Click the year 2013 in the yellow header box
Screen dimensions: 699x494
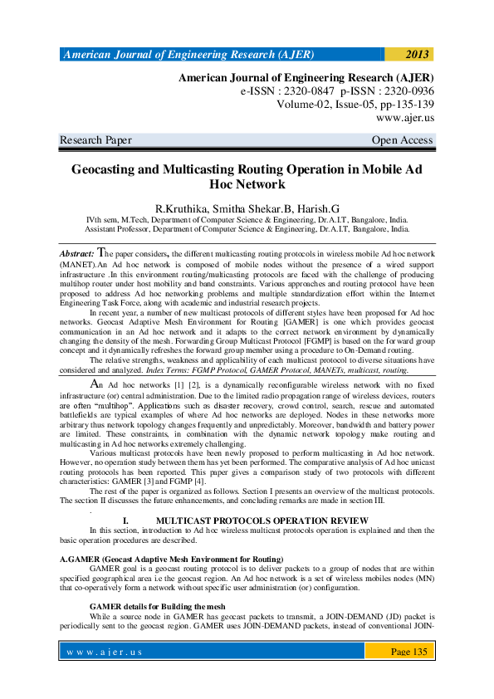(x=417, y=55)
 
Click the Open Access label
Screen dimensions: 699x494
(x=403, y=140)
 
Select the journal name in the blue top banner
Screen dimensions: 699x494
(x=189, y=55)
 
